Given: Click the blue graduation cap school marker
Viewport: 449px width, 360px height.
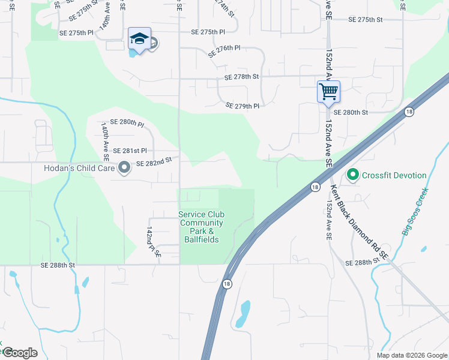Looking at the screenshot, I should (x=139, y=39).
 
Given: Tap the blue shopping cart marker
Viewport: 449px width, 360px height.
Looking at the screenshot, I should (x=328, y=92).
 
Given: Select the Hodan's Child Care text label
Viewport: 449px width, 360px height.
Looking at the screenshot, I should (x=80, y=168).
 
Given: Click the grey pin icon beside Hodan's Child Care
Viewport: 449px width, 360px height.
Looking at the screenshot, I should (x=124, y=168).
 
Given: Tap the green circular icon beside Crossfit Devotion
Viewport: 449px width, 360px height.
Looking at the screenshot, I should (x=352, y=175).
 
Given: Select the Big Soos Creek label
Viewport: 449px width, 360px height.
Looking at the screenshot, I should (x=415, y=211).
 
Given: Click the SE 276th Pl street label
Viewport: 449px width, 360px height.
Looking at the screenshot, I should (x=224, y=50).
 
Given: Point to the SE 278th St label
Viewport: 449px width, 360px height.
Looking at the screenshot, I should (x=241, y=77).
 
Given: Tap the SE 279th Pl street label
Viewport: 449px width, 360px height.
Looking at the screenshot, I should (x=242, y=106).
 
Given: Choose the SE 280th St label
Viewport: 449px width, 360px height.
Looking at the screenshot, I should (x=350, y=112).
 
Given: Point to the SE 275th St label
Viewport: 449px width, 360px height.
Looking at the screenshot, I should (x=366, y=20).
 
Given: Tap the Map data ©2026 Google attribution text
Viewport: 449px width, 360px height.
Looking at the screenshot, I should (x=411, y=355).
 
